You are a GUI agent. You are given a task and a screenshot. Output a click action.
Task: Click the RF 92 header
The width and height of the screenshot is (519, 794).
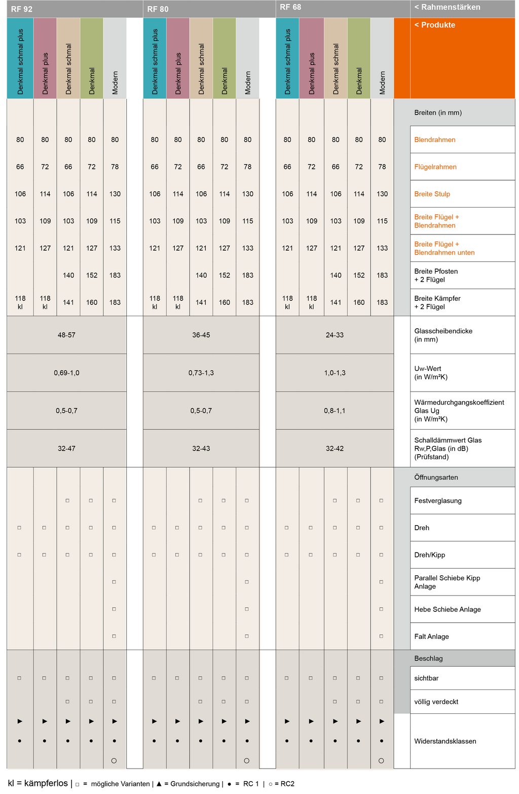(x=22, y=9)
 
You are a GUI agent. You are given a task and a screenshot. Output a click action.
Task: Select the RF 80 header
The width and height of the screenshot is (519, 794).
(x=158, y=9)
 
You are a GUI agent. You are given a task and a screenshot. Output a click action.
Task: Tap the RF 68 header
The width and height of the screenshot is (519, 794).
(x=290, y=7)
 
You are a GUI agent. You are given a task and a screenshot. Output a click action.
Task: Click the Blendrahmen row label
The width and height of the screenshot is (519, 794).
(x=434, y=140)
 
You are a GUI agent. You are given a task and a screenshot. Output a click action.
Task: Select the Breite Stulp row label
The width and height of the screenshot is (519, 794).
(x=432, y=194)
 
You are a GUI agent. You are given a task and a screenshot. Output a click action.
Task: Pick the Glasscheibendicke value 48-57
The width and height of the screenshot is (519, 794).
(x=66, y=335)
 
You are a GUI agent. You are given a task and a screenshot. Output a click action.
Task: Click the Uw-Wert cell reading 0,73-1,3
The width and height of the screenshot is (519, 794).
(x=201, y=373)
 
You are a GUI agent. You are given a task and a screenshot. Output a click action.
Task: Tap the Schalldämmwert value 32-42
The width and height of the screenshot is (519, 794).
(x=335, y=448)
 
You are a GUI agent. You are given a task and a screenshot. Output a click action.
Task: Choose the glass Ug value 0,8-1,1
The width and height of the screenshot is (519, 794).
(x=335, y=410)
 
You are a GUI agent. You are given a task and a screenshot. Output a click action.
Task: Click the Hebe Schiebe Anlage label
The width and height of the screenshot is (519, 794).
(x=447, y=609)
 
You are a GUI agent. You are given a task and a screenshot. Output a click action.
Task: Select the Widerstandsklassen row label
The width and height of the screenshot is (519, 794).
(x=445, y=741)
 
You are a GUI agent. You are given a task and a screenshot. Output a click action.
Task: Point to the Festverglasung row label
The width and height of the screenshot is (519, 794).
(x=438, y=501)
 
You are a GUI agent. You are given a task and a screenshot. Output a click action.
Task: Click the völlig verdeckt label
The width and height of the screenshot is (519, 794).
(x=436, y=702)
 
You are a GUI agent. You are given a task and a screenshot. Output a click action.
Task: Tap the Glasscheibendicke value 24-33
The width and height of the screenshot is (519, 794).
(x=335, y=335)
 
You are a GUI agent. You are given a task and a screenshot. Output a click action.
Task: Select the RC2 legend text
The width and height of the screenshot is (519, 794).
(x=287, y=784)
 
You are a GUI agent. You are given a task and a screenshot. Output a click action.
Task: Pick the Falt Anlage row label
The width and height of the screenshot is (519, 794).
(x=431, y=637)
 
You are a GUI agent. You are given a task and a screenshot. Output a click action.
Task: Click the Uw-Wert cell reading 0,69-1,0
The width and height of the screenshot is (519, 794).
(x=66, y=373)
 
